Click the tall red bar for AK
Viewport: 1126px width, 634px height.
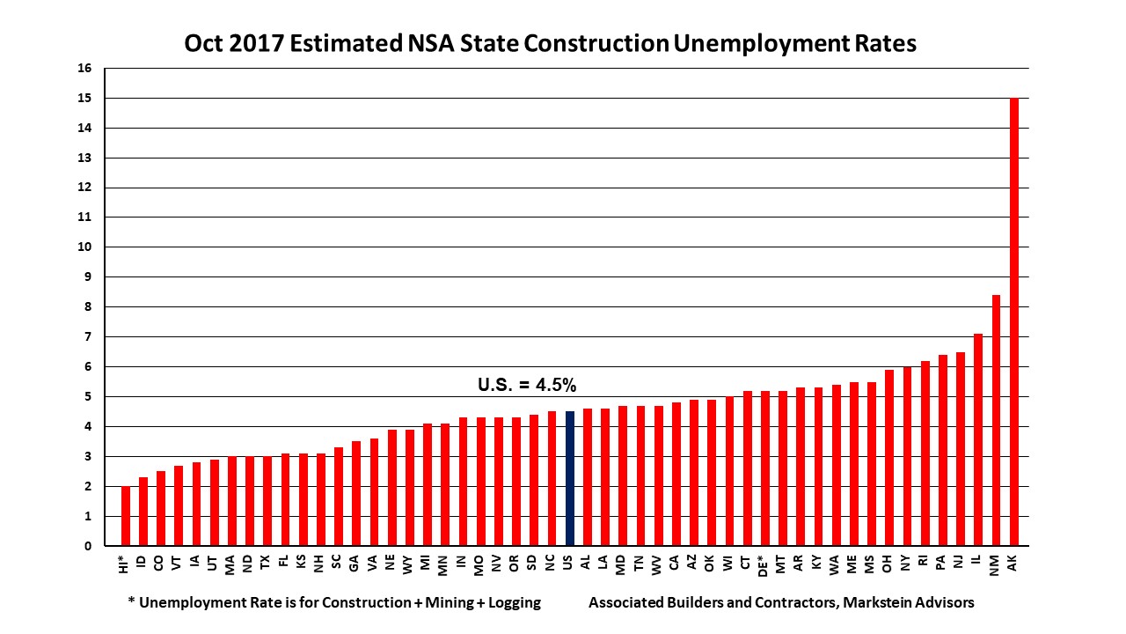click(x=1014, y=321)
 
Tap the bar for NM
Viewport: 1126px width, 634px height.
click(x=996, y=420)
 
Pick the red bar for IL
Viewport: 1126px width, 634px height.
click(x=978, y=439)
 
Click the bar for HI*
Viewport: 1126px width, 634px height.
click(x=125, y=516)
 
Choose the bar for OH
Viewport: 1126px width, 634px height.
click(x=889, y=458)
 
